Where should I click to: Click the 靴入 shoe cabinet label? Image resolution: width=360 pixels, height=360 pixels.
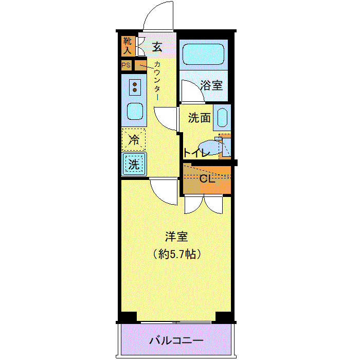click(128, 46)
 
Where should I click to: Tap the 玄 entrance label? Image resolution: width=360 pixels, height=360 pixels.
click(157, 47)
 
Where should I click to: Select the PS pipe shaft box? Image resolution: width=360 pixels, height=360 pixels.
click(126, 65)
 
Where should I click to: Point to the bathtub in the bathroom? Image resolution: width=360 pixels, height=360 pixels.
click(203, 55)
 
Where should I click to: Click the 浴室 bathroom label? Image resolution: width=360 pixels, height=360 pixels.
click(211, 85)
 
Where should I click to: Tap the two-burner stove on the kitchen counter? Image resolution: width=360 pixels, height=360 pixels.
click(135, 87)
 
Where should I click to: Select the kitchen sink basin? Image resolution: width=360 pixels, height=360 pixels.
click(135, 112)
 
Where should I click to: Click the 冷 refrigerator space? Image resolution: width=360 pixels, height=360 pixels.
click(134, 139)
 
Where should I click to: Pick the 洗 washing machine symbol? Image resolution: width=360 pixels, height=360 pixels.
click(134, 164)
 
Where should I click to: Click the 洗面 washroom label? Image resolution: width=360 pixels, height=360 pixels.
click(200, 118)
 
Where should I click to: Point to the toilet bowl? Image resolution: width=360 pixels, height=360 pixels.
click(210, 148)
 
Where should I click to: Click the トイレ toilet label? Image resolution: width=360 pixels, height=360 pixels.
click(196, 153)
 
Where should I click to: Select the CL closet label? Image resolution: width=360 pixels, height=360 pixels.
click(207, 179)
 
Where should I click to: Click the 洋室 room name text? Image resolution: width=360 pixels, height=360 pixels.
click(176, 237)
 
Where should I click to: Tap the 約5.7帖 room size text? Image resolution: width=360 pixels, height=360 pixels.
click(177, 254)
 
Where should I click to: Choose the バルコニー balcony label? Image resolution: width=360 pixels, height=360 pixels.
click(176, 340)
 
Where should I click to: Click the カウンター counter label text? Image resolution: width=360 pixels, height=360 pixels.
click(157, 81)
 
